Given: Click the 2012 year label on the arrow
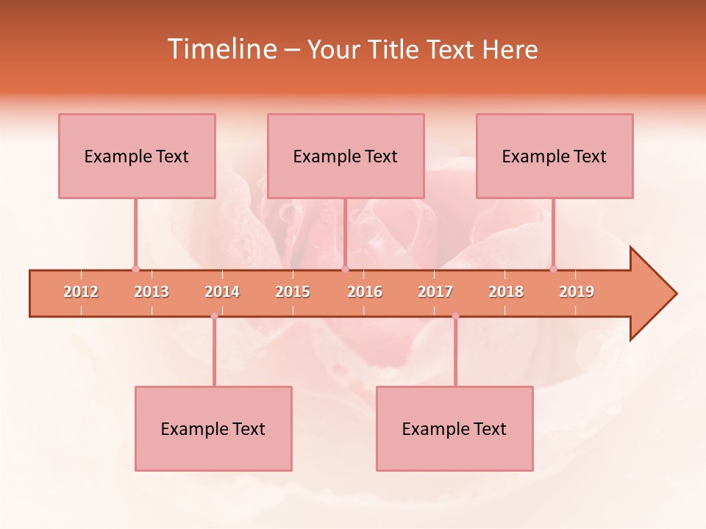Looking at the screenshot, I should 81,292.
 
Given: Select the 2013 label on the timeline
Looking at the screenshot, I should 151,292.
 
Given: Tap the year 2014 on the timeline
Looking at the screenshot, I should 222,292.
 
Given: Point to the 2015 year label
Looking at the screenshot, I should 293,292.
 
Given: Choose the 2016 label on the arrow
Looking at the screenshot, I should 365,292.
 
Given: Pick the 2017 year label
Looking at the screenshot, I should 435,292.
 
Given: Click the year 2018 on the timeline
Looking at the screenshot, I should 506,292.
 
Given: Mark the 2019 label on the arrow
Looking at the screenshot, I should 577,292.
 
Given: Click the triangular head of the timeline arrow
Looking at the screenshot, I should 651,294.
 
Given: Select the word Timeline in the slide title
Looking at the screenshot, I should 221,49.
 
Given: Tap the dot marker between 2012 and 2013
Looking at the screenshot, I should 135,269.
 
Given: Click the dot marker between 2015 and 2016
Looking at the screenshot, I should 345,269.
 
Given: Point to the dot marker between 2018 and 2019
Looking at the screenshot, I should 553,269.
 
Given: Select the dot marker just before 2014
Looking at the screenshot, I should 214,316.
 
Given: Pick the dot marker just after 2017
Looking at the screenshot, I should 455,316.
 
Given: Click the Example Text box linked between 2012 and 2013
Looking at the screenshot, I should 137,156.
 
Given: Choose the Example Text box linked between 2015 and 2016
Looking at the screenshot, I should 346,156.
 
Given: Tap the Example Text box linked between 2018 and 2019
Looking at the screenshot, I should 555,156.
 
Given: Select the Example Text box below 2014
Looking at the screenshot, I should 213,428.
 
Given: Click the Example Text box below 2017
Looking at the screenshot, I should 454,428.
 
